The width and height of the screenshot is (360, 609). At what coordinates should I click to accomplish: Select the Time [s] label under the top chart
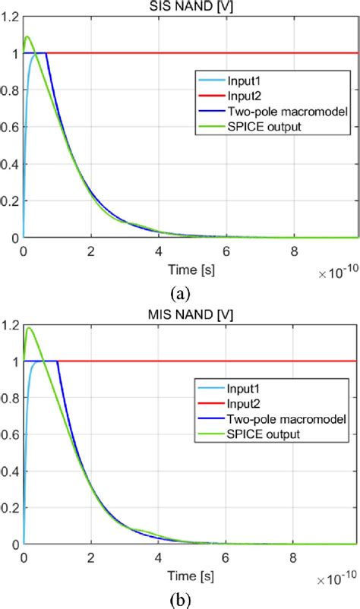190,270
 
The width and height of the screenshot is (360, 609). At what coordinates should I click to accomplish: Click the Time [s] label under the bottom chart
190,577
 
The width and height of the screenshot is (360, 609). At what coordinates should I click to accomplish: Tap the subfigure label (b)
181,598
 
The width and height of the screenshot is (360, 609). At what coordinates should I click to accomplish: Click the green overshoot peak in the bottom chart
29,329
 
